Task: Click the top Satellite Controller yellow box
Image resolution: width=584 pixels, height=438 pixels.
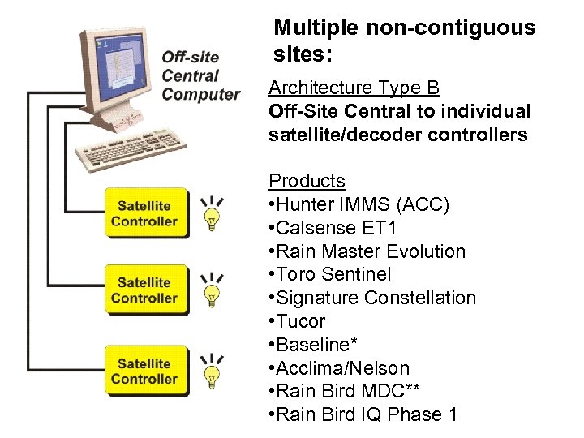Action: pos(144,213)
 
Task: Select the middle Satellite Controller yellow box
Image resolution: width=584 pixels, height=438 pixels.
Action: pos(144,290)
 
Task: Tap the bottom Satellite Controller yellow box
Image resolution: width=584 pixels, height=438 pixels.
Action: pos(144,371)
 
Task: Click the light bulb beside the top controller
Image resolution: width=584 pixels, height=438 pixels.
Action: pos(213,216)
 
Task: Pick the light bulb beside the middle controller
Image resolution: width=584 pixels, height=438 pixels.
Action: pos(213,293)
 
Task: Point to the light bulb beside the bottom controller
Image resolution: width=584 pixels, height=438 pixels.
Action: pos(213,373)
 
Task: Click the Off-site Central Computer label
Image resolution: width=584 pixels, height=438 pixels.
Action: pos(200,75)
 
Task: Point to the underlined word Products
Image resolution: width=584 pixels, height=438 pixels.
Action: pos(307,181)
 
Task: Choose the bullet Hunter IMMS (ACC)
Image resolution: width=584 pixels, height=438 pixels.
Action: pos(359,204)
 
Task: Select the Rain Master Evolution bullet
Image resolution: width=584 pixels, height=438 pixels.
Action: pos(367,251)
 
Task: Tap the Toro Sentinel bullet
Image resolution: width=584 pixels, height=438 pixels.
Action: pos(329,275)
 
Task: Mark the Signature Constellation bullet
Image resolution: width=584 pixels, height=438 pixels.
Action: pos(371,298)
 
